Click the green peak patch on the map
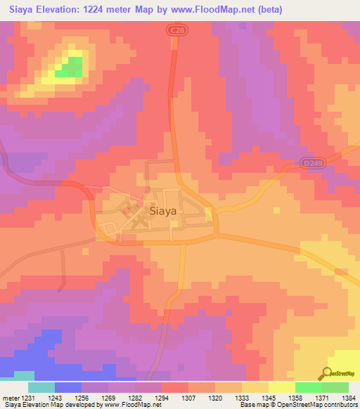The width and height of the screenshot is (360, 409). click(x=68, y=67)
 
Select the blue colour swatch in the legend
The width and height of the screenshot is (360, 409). click(x=68, y=387)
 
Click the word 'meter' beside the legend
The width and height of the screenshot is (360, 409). click(x=11, y=398)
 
